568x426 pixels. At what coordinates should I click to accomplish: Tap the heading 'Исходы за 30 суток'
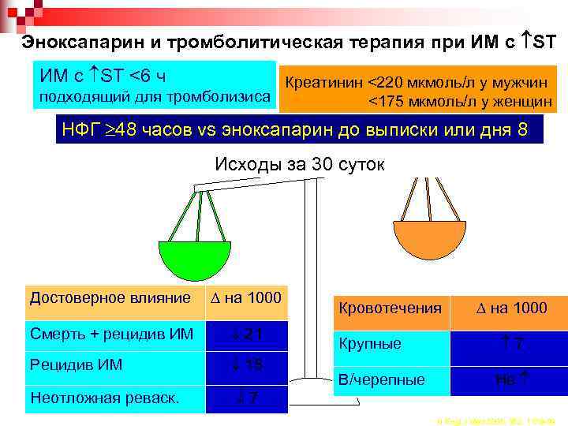(x=299, y=164)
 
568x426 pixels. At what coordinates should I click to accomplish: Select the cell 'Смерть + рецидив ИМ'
(x=111, y=334)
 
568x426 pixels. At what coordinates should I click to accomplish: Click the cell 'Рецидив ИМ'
(x=111, y=365)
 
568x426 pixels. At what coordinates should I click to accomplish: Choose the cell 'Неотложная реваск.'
(x=111, y=398)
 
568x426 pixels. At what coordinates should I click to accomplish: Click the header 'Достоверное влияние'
(x=111, y=298)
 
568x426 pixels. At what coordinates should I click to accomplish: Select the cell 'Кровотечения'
(x=390, y=308)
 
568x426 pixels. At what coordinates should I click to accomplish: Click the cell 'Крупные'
(x=390, y=344)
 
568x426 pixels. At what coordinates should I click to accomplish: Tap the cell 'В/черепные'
(x=390, y=380)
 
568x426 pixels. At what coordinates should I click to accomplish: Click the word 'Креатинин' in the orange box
(x=324, y=81)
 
